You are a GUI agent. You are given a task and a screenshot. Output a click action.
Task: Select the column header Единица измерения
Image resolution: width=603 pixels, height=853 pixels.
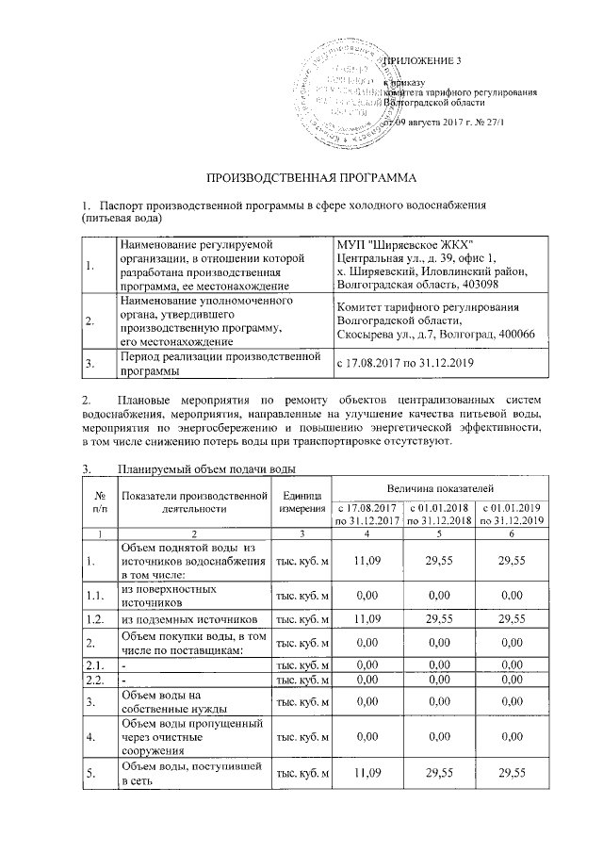301,501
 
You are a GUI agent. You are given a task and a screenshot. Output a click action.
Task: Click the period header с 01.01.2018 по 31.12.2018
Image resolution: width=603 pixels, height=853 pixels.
439,514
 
